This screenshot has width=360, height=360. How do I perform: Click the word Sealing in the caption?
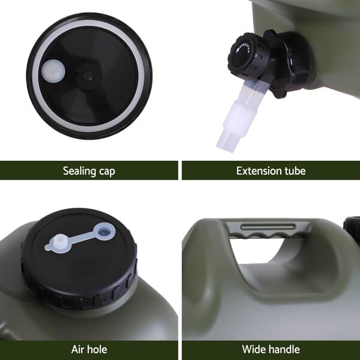click(x=79, y=171)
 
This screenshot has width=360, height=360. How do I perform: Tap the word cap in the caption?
click(x=107, y=172)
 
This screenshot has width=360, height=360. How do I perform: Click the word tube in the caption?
click(x=295, y=171)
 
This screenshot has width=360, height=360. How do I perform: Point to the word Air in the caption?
click(x=77, y=349)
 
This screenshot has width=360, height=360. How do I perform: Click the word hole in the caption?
click(x=97, y=349)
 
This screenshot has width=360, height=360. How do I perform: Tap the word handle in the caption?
click(x=283, y=349)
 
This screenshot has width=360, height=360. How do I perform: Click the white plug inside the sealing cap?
click(x=53, y=70)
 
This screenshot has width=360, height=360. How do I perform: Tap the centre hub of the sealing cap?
click(x=88, y=75)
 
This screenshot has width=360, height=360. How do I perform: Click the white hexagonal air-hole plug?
click(x=59, y=244)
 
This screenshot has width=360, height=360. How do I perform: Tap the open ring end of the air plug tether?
click(x=106, y=232)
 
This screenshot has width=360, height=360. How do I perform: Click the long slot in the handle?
click(x=268, y=227)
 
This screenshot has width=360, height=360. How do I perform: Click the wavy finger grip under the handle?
click(x=266, y=235)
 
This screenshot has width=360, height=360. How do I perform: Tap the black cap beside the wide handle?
click(x=352, y=228)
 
